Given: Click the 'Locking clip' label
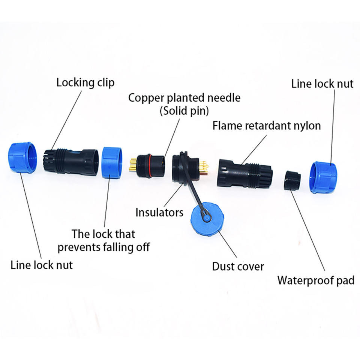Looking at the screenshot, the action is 85,82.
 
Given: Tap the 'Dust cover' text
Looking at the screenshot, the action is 238,267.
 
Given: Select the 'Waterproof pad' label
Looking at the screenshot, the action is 315,280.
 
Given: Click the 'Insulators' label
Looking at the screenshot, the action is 159,213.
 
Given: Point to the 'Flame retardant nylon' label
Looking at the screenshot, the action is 267,125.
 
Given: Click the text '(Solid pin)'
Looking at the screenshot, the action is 184,111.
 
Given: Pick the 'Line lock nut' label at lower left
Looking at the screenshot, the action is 41,265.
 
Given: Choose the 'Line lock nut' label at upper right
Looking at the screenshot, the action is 322,84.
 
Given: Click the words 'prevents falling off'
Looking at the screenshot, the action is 103,247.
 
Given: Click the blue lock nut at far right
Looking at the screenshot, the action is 323,177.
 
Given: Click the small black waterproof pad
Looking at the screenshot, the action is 292,180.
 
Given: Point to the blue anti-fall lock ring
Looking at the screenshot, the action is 111,162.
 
